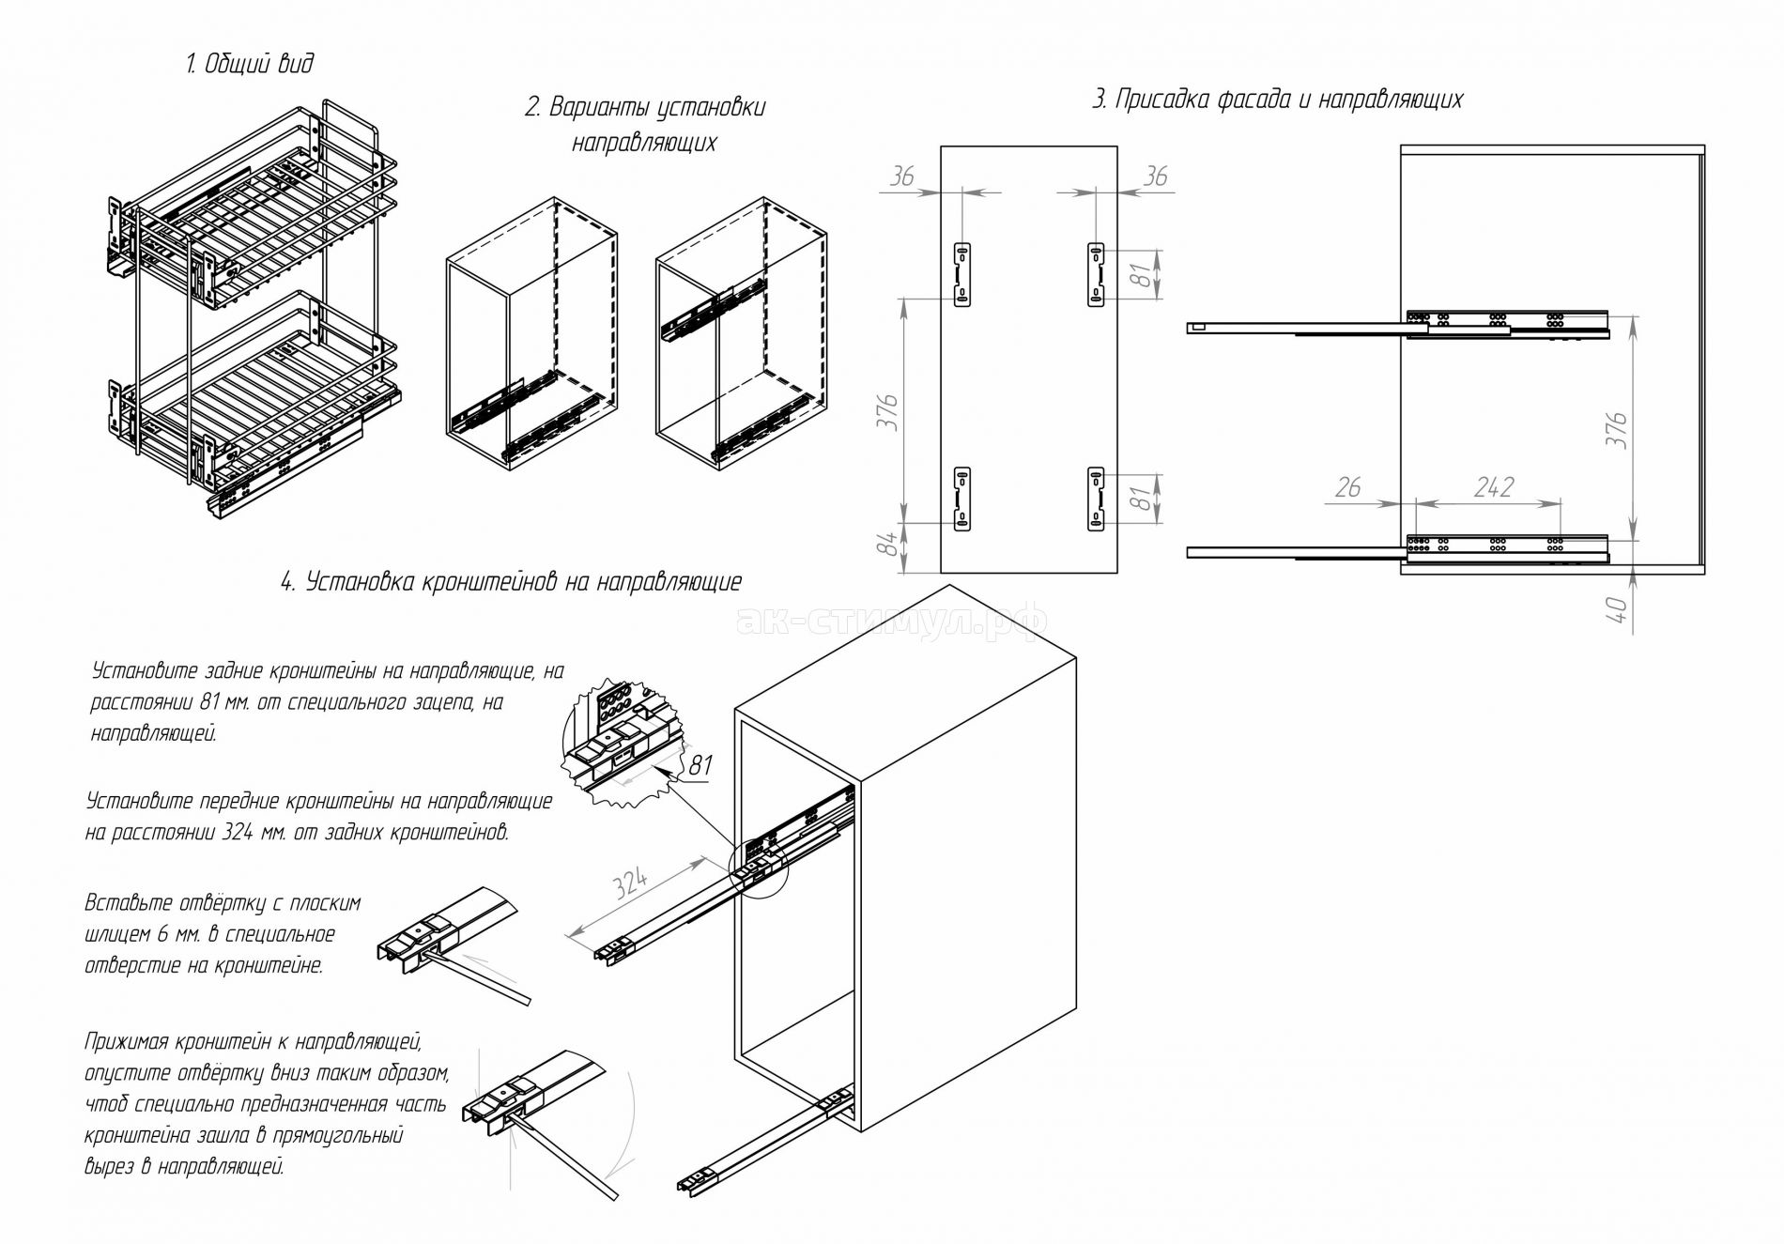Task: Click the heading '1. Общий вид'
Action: click(249, 64)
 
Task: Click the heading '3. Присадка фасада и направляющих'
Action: click(1277, 100)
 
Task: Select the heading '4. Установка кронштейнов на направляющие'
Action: click(511, 582)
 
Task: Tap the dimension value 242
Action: click(1493, 487)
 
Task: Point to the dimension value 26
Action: click(1347, 487)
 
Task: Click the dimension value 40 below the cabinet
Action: click(1617, 609)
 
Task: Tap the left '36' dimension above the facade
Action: click(901, 176)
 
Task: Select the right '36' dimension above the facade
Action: click(1156, 176)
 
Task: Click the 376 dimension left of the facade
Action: click(889, 413)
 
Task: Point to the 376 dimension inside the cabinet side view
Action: click(1617, 430)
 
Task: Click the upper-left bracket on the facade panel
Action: click(962, 273)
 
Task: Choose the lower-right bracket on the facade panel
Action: click(1095, 499)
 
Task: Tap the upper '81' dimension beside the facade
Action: click(1140, 274)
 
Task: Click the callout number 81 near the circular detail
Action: click(700, 765)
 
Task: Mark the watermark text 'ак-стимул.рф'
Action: click(891, 620)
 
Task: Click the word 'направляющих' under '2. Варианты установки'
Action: click(644, 143)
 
